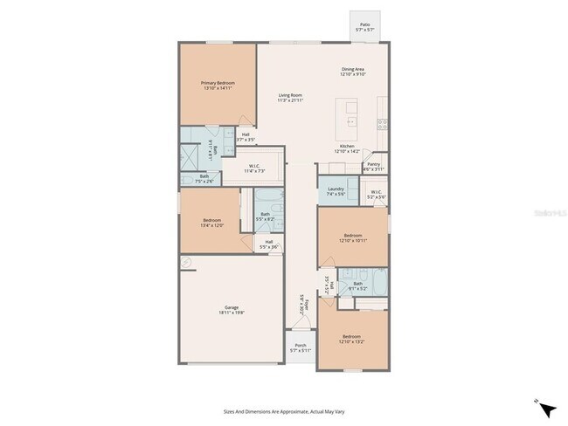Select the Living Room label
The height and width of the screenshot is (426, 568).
290,97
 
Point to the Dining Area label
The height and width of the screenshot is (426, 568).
352,72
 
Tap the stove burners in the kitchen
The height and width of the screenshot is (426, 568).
383,123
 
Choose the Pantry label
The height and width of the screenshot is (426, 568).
373,166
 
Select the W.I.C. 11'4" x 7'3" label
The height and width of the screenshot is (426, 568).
257,168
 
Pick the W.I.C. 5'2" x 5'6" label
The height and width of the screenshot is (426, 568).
376,195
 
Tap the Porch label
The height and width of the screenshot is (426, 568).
301,347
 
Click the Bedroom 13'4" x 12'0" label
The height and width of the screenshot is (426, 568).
212,222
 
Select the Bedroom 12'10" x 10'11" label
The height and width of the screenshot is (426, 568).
352,237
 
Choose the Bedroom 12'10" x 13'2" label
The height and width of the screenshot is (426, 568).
351,339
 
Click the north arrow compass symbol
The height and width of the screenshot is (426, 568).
545,408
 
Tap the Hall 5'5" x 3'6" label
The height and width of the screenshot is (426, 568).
269,244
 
